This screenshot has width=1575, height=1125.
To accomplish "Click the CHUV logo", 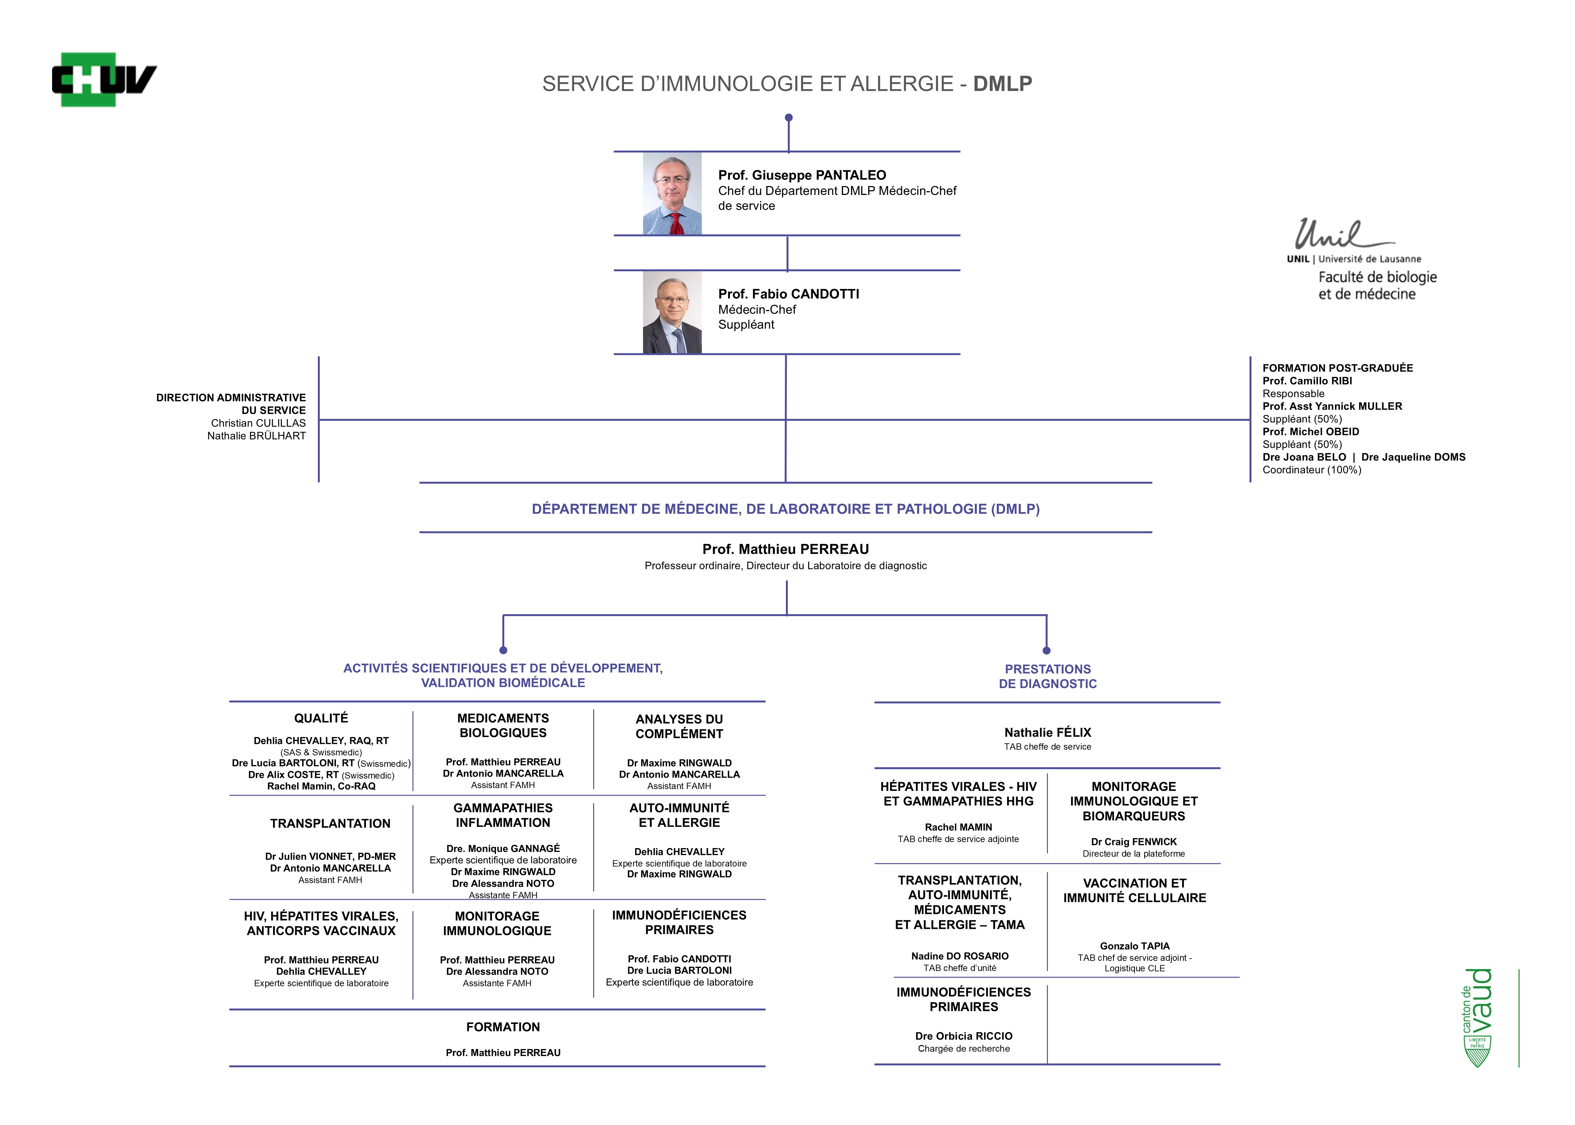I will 104,80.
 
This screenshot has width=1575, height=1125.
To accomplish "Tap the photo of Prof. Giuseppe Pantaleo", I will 672,193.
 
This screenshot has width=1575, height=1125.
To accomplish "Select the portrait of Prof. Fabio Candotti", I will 672,312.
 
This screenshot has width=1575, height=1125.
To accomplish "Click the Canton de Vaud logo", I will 1477,1017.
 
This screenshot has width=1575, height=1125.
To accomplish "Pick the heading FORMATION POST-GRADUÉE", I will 1337,368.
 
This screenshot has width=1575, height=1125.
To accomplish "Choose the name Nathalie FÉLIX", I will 1047,732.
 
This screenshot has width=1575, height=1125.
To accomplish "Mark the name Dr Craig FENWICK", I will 1134,842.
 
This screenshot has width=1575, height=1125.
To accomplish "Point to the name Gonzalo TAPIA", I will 1135,946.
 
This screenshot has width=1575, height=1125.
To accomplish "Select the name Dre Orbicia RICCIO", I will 963,1036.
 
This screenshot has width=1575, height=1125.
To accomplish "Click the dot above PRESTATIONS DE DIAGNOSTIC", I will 1047,651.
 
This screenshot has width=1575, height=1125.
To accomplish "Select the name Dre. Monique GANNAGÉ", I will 503,849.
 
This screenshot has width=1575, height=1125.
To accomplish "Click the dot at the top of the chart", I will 788,118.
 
